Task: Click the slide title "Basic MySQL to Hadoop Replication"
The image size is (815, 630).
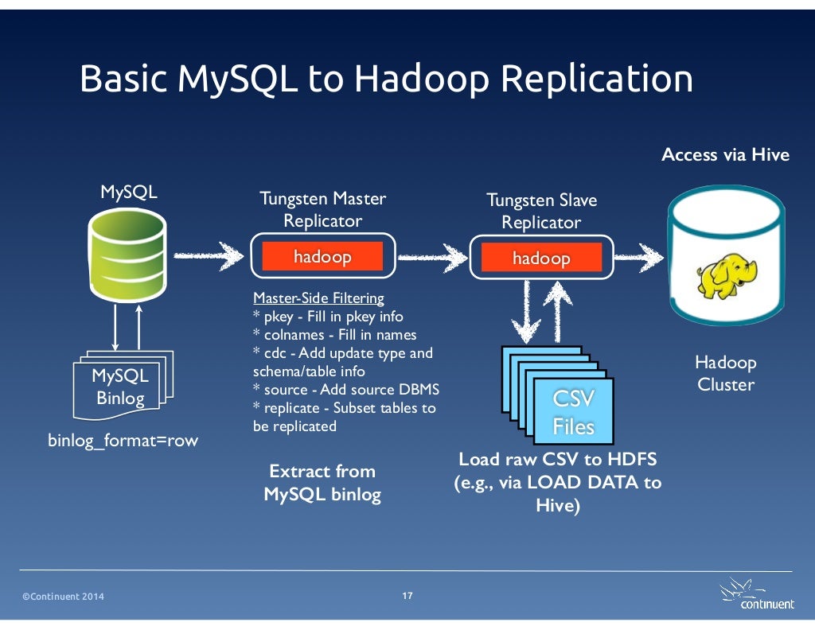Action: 386,80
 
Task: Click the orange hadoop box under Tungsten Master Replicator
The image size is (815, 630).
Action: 322,256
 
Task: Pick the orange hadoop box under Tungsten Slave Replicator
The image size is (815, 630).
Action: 541,258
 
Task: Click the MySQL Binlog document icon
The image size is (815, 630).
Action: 119,386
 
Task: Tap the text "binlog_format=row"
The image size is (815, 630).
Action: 123,440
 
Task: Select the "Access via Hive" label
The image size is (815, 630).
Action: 725,154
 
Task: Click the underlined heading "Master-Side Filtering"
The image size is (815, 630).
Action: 318,298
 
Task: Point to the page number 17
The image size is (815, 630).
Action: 407,596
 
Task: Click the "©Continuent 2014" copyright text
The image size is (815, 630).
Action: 63,597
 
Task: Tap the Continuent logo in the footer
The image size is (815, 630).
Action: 756,596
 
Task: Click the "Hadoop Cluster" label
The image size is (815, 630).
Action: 725,373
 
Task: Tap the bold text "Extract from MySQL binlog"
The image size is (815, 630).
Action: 322,483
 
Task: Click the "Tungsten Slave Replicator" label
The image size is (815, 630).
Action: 541,211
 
